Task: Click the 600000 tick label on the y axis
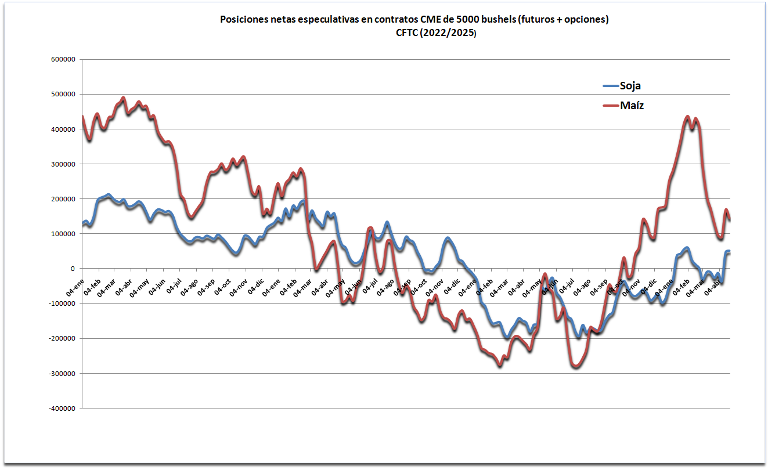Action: pyautogui.click(x=64, y=59)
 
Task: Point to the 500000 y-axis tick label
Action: pyautogui.click(x=64, y=94)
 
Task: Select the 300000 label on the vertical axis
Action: pyautogui.click(x=64, y=164)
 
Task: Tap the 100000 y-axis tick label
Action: pyautogui.click(x=64, y=234)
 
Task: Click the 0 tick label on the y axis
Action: pyautogui.click(x=73, y=269)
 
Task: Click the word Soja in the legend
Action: pyautogui.click(x=630, y=86)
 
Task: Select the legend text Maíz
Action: pyautogui.click(x=632, y=106)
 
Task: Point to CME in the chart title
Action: pyautogui.click(x=431, y=20)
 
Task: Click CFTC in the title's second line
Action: pyautogui.click(x=408, y=33)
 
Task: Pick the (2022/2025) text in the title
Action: pyautogui.click(x=453, y=33)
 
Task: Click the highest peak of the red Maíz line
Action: pyautogui.click(x=123, y=98)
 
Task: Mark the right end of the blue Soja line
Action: pyautogui.click(x=729, y=251)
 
